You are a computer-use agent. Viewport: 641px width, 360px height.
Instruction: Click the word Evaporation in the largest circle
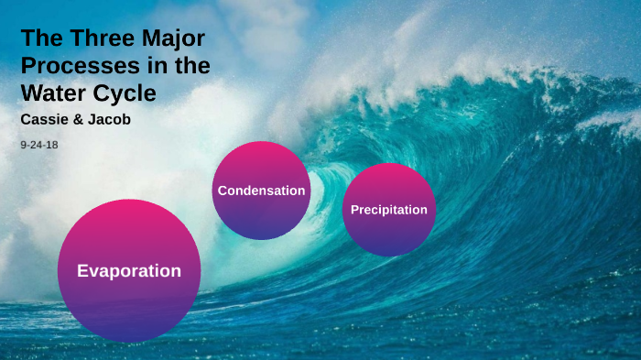(128, 271)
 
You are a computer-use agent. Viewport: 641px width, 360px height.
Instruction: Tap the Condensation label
(261, 191)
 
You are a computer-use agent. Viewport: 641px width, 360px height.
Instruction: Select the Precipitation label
(389, 210)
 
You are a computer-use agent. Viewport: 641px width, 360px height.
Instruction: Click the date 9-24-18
(38, 145)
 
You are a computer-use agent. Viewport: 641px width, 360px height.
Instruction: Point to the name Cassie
(44, 120)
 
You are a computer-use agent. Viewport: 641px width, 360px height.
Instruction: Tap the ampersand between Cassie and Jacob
(80, 120)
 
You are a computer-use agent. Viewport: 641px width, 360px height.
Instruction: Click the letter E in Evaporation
(82, 271)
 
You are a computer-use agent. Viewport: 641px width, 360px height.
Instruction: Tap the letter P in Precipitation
(355, 210)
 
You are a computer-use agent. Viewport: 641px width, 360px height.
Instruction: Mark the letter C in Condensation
(223, 191)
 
